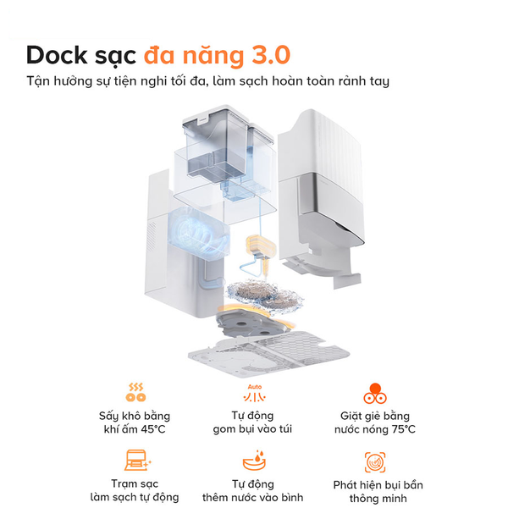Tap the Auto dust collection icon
pyautogui.click(x=253, y=394)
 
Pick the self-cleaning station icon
pyautogui.click(x=135, y=462)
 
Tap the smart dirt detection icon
pyautogui.click(x=376, y=462)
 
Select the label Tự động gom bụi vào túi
pyautogui.click(x=253, y=422)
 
